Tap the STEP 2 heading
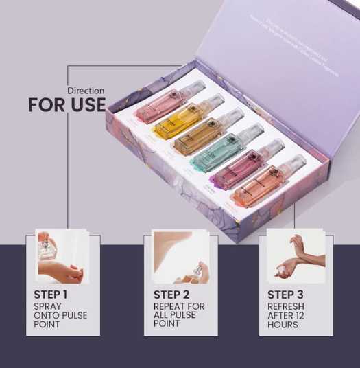(172, 295)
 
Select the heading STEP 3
(286, 295)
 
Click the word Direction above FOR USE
(86, 91)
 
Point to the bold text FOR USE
(67, 106)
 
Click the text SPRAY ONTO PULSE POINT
(60, 315)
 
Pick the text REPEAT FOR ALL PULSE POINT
(179, 315)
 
